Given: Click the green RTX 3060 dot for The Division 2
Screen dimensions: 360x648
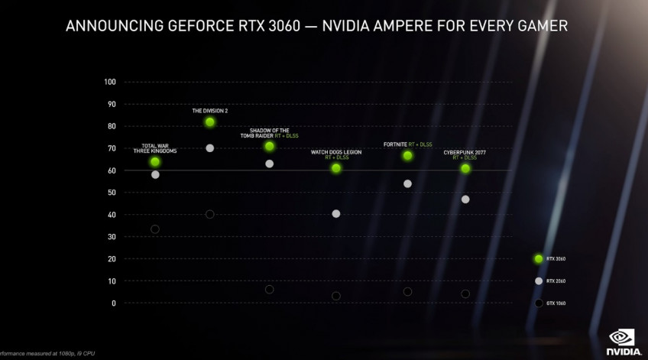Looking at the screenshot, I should tap(209, 122).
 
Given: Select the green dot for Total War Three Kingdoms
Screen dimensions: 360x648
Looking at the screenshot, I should tap(155, 162).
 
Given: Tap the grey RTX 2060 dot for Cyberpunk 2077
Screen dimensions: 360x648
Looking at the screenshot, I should tap(465, 199).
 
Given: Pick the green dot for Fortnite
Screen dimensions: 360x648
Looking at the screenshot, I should tap(407, 156).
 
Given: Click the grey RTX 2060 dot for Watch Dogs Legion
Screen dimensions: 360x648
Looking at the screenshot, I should tap(336, 214).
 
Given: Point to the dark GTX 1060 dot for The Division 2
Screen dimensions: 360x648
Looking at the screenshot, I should tap(210, 215).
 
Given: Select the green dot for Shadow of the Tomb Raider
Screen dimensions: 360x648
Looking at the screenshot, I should tap(269, 146).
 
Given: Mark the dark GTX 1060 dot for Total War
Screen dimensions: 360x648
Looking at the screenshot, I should tap(155, 229).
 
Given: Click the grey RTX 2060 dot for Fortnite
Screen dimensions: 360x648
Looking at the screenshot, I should tap(407, 183).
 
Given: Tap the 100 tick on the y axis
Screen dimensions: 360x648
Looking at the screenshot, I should tap(109, 82).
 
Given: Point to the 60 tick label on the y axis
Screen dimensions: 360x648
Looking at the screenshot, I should tap(111, 170).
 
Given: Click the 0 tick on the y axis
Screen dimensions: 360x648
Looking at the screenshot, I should tap(113, 303).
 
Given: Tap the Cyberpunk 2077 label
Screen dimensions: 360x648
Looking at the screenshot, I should tap(465, 153).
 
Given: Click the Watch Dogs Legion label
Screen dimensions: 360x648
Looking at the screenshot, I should tap(336, 152).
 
